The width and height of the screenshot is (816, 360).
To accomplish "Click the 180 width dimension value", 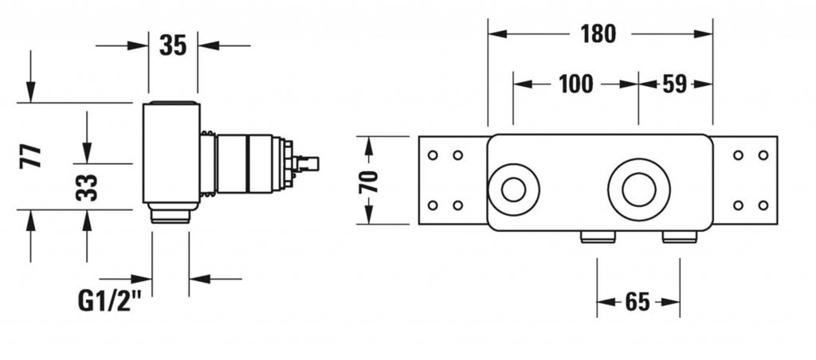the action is (x=598, y=34).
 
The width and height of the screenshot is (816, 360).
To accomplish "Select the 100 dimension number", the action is (x=576, y=84).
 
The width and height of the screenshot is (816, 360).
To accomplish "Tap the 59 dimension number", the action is (x=674, y=84).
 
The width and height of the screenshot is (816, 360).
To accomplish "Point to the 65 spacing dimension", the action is (x=638, y=302).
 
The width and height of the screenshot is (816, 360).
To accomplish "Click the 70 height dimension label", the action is (x=369, y=181).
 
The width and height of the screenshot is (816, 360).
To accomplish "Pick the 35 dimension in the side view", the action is (x=173, y=45).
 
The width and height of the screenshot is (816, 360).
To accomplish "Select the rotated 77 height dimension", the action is (x=30, y=155).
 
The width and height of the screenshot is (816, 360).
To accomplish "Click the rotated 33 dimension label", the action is (x=86, y=187).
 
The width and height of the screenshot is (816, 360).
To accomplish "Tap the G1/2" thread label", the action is (x=110, y=301).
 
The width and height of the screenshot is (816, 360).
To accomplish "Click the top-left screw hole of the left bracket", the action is (x=433, y=155).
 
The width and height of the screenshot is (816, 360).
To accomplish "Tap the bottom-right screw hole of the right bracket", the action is (x=763, y=205).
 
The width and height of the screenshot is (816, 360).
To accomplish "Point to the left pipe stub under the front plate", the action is (x=598, y=237).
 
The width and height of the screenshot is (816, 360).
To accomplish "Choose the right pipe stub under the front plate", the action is (x=680, y=237).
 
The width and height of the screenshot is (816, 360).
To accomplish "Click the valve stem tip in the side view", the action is (x=312, y=163).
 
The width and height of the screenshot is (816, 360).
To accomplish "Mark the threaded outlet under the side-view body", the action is (x=171, y=213).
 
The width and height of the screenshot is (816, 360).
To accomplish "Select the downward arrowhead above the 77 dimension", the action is (x=31, y=92).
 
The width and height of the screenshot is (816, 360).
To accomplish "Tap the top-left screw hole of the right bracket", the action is (x=738, y=155).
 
